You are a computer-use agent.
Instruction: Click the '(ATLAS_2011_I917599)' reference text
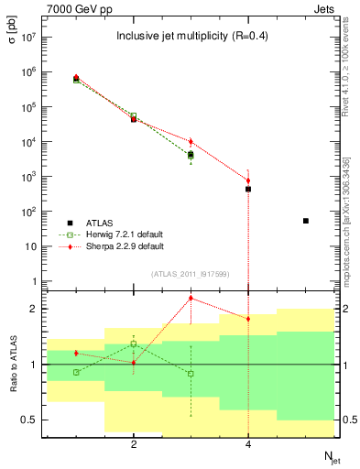[x=191, y=274]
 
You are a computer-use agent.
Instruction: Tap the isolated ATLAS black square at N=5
[x=306, y=221]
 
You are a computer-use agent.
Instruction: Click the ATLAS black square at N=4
[x=248, y=189]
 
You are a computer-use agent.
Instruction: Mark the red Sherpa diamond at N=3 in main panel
[x=191, y=142]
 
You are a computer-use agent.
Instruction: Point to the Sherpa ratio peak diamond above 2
[x=191, y=298]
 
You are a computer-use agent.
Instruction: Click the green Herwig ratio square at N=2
[x=134, y=344]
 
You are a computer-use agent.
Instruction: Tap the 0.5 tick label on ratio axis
[x=29, y=420]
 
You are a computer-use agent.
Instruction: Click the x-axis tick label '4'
[x=248, y=444]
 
